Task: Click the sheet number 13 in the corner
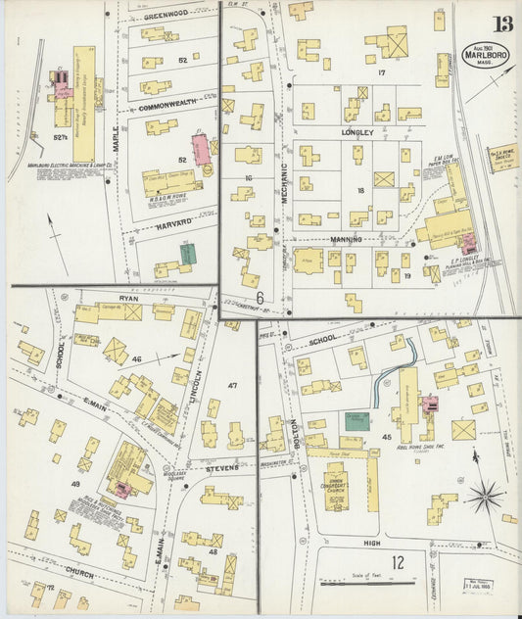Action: click(502, 24)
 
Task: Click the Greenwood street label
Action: click(165, 17)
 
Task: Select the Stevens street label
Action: click(222, 469)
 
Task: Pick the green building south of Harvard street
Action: click(188, 254)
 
